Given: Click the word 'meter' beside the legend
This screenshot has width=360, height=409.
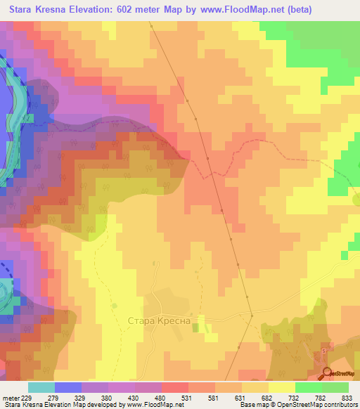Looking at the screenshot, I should point(11,397).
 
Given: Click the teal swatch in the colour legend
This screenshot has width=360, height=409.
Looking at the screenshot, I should point(41,387).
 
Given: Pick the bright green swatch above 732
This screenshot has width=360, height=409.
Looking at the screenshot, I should point(308,387).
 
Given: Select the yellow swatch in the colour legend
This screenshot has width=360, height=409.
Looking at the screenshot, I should point(281,387).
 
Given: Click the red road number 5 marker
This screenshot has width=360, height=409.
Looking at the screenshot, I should point(323,349).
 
